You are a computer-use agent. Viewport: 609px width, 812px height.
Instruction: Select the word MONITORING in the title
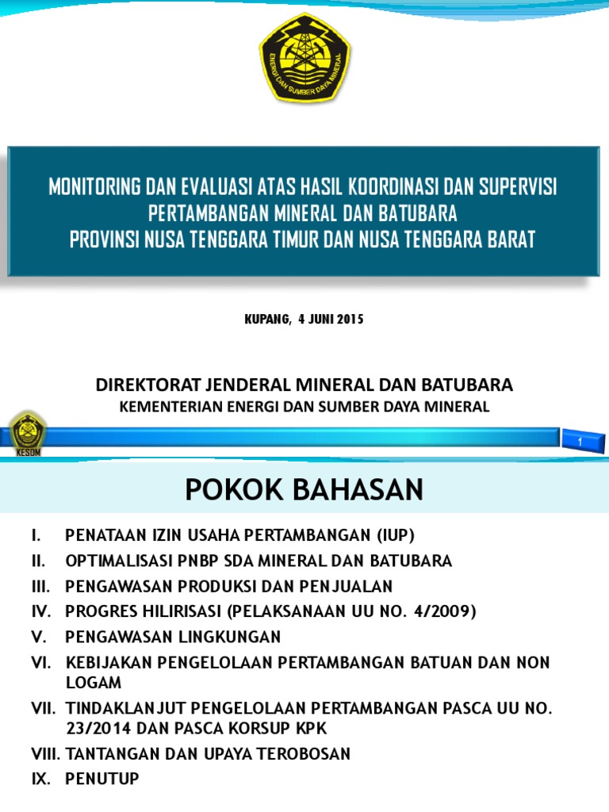point(94,188)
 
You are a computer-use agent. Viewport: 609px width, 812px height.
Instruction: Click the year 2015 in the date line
point(350,320)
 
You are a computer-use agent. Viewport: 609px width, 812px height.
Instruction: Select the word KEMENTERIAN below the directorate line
point(170,407)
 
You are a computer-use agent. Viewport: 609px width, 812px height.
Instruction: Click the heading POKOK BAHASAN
point(304,491)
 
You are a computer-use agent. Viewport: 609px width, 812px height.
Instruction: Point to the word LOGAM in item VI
point(94,683)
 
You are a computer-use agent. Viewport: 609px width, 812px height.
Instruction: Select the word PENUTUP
point(102,779)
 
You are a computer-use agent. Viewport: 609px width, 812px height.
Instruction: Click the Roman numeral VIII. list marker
point(46,753)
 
